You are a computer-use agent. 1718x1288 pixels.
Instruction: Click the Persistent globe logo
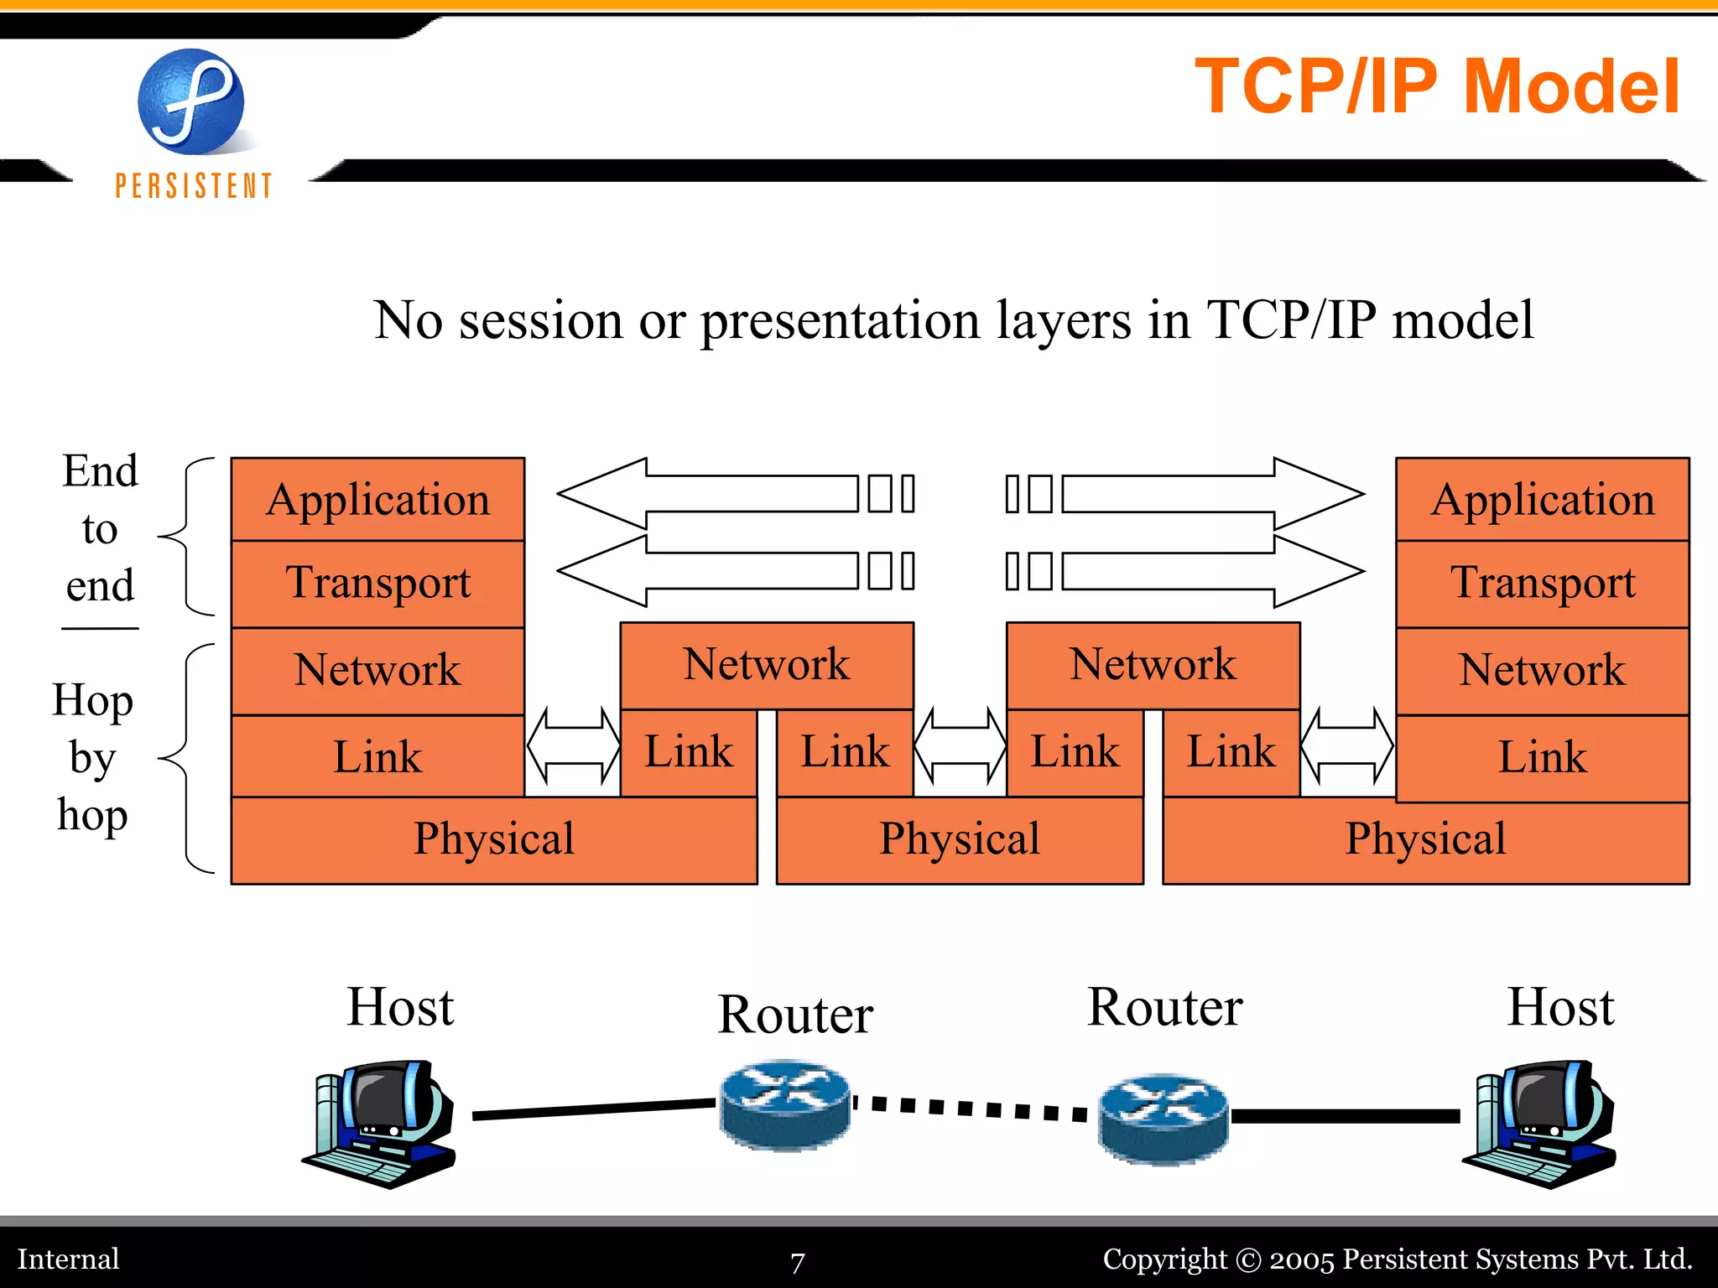(191, 102)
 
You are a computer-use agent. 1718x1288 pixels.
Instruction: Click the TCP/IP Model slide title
(1437, 86)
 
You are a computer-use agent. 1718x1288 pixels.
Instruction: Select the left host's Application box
(377, 500)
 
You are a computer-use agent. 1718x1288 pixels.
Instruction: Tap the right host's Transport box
(1542, 584)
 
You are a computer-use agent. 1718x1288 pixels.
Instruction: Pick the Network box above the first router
(766, 665)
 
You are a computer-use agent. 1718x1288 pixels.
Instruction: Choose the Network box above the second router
(1153, 665)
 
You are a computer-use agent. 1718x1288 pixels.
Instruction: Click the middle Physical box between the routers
(959, 839)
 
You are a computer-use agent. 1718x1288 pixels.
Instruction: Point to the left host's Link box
(377, 756)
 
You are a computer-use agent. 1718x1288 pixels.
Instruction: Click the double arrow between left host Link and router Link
(573, 745)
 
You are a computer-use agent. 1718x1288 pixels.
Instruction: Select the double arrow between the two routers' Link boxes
(960, 745)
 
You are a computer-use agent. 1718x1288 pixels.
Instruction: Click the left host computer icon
(379, 1124)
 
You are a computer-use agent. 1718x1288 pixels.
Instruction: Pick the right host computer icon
(1539, 1124)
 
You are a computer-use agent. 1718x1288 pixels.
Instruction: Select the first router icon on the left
(785, 1104)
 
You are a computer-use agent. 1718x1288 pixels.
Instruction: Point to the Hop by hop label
(92, 757)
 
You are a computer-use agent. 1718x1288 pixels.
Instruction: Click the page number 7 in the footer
(797, 1261)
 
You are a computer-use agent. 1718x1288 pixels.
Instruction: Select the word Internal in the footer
(69, 1259)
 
